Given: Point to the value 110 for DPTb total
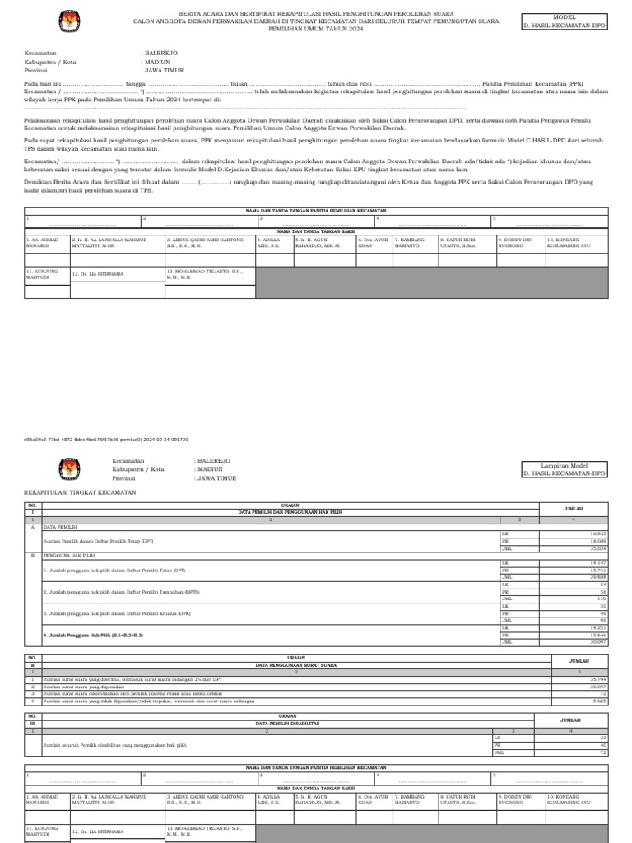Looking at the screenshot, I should [x=601, y=598].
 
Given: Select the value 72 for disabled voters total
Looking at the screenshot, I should [x=602, y=752].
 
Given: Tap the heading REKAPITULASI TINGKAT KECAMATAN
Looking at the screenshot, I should [x=80, y=491].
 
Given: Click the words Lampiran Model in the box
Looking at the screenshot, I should [x=565, y=467].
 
